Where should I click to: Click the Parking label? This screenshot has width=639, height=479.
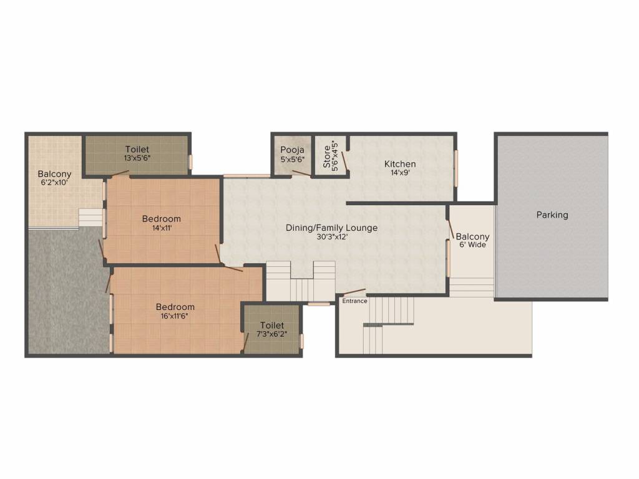(552, 215)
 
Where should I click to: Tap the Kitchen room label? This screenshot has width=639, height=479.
(400, 164)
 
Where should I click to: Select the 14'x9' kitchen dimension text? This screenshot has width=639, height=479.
(400, 173)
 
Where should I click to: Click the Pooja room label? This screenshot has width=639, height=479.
(292, 150)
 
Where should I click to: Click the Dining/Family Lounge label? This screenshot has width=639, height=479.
(331, 228)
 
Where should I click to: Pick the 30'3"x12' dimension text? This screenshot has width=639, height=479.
(331, 236)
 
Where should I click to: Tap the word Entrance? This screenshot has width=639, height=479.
(354, 301)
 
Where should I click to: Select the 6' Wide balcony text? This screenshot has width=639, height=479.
(472, 245)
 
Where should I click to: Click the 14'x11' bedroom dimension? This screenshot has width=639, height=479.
(162, 228)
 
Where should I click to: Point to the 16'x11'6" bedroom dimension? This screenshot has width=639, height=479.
(175, 316)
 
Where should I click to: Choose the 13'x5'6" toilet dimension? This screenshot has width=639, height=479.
(137, 158)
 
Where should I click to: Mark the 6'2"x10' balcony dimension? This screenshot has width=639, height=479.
(54, 183)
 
